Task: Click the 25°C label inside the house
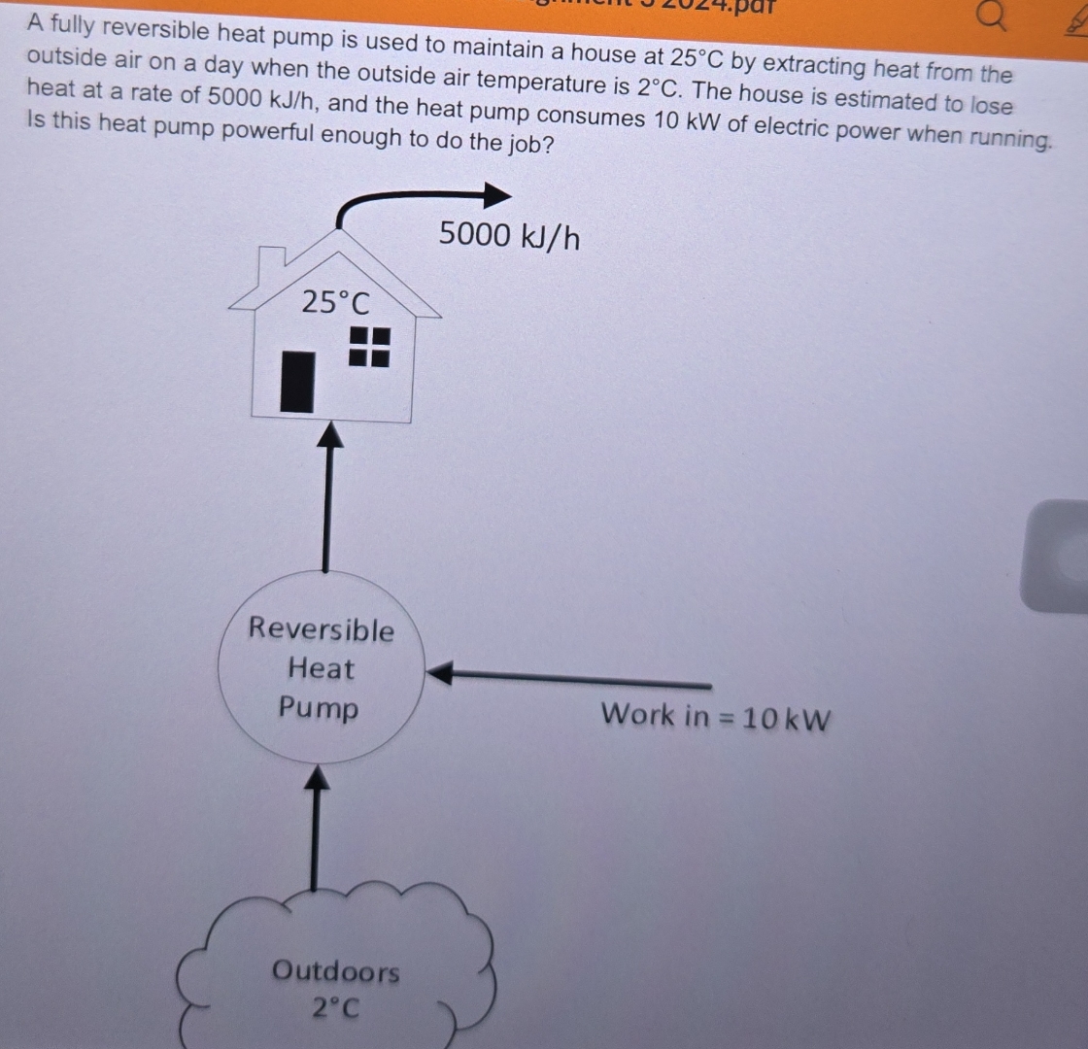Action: point(335,303)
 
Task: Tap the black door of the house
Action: point(298,382)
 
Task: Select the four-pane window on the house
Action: point(369,346)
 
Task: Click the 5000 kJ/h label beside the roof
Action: point(509,235)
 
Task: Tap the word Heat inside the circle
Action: point(322,668)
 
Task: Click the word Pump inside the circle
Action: point(319,707)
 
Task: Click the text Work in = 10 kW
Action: point(716,718)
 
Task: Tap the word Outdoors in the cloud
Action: point(335,971)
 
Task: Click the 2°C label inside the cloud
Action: point(335,1008)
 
